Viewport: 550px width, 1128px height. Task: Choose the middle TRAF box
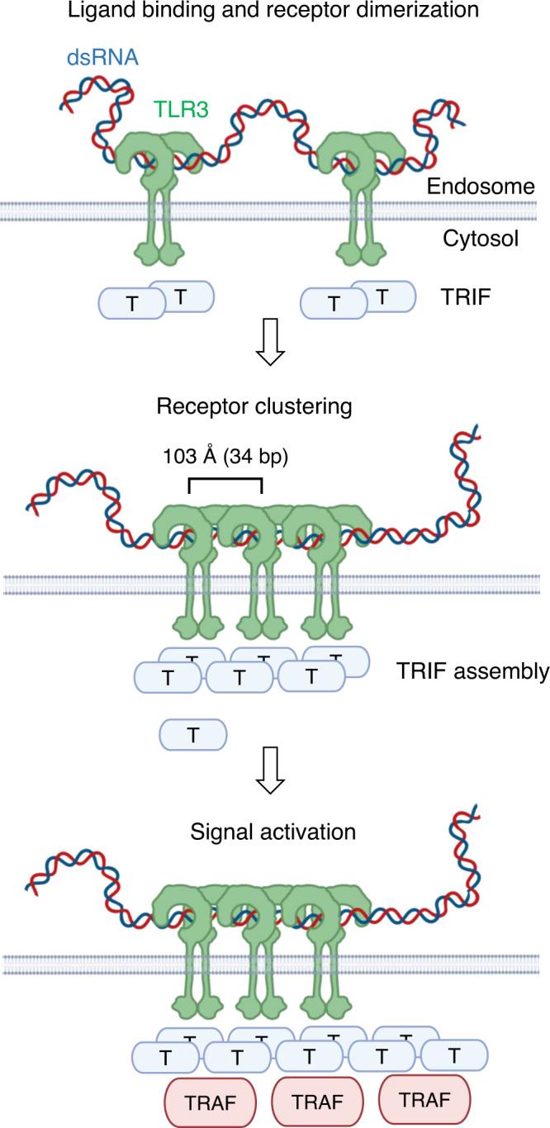[318, 1103]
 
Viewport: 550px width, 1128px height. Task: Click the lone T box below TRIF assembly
[193, 734]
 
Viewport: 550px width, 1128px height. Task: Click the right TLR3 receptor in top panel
[358, 198]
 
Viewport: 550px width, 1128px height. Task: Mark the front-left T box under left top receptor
[133, 304]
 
